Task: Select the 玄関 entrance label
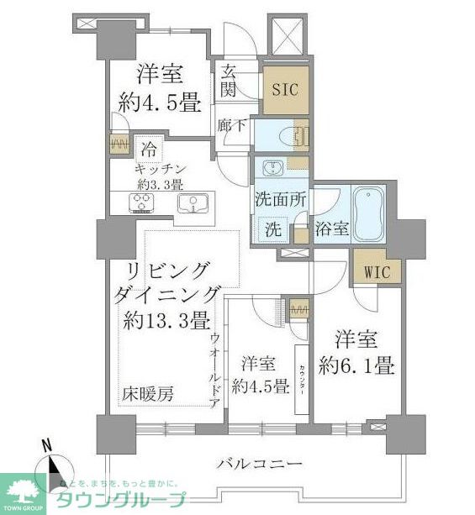pyautogui.click(x=229, y=81)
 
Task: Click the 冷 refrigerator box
pyautogui.click(x=147, y=152)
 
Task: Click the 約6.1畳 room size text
pyautogui.click(x=359, y=367)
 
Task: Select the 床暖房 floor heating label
pyautogui.click(x=152, y=394)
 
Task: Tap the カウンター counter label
pyautogui.click(x=300, y=378)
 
